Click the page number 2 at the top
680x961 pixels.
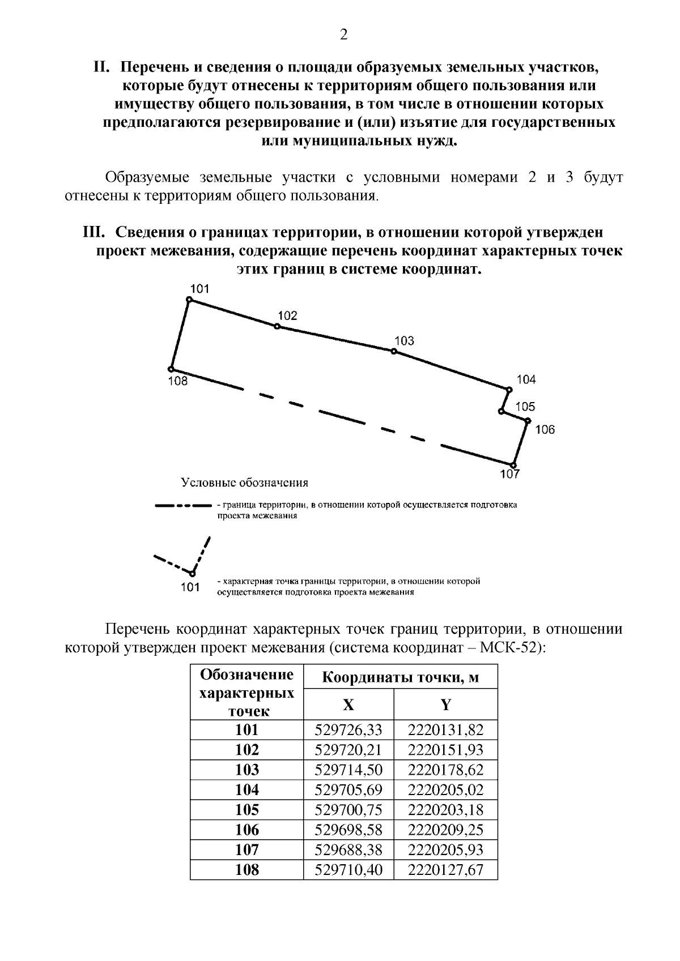(x=343, y=36)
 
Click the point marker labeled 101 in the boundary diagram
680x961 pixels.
(x=189, y=300)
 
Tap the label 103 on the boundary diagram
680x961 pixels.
(x=404, y=340)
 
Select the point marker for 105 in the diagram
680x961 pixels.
(x=502, y=412)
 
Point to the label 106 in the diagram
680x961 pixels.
(x=545, y=429)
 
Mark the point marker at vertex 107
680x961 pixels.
(x=513, y=465)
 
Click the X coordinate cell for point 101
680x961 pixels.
(x=348, y=729)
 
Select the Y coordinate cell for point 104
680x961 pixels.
(x=445, y=789)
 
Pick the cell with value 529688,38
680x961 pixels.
(x=348, y=849)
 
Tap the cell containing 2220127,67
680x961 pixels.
(x=445, y=869)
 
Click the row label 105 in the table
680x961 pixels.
(x=246, y=809)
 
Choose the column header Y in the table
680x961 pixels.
(x=446, y=704)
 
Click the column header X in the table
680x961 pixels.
(x=348, y=704)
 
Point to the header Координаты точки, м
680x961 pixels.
(x=400, y=678)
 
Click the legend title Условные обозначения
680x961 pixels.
(x=244, y=483)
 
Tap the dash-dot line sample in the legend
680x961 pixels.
(x=183, y=505)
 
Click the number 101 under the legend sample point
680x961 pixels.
(x=190, y=587)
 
